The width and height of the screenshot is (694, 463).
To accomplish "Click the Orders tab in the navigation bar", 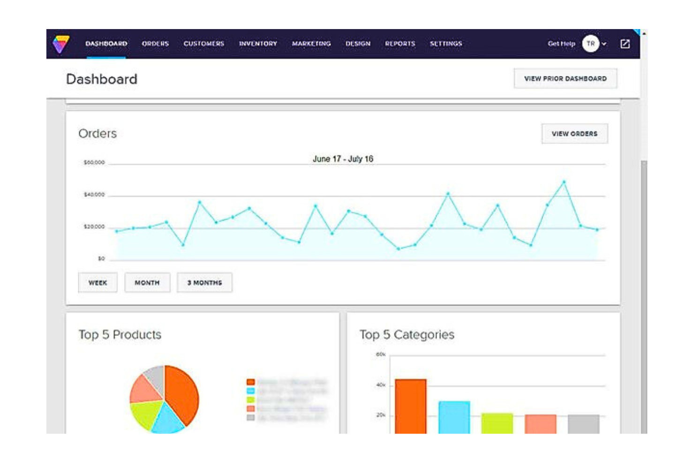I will pyautogui.click(x=155, y=44).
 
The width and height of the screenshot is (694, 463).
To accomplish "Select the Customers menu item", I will pyautogui.click(x=204, y=44).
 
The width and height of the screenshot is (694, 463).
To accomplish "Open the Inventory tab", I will pyautogui.click(x=258, y=44).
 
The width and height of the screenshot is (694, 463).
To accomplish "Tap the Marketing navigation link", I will pyautogui.click(x=311, y=44).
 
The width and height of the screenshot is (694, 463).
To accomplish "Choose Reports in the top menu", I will pyautogui.click(x=400, y=44).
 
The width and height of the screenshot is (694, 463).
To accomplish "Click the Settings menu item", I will pyautogui.click(x=446, y=44).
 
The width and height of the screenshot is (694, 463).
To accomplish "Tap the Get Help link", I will pyautogui.click(x=561, y=44).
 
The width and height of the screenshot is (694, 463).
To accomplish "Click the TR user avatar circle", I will pyautogui.click(x=590, y=44).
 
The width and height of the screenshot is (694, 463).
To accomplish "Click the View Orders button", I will pyautogui.click(x=574, y=134).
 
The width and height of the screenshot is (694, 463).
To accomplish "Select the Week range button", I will pyautogui.click(x=98, y=283).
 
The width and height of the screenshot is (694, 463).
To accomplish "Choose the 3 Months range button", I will pyautogui.click(x=204, y=283).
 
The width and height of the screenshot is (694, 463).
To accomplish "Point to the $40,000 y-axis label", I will pyautogui.click(x=94, y=195).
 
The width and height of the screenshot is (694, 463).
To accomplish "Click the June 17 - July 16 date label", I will pyautogui.click(x=343, y=159).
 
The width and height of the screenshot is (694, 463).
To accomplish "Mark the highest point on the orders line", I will pyautogui.click(x=564, y=182).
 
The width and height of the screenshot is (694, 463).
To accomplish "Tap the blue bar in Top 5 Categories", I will pyautogui.click(x=454, y=417).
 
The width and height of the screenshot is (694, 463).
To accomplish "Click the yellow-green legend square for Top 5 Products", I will pyautogui.click(x=251, y=400).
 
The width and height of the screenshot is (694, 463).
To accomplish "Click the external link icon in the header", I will pyautogui.click(x=625, y=44).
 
